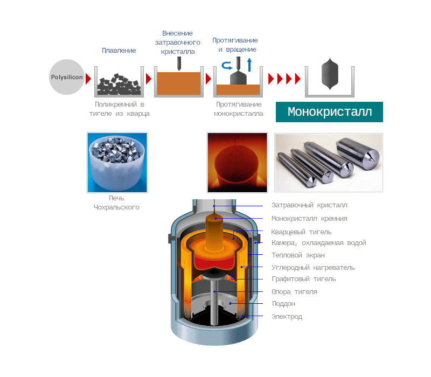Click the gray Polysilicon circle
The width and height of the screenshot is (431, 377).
pyautogui.click(x=67, y=77)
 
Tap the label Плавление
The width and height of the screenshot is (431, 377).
pyautogui.click(x=119, y=51)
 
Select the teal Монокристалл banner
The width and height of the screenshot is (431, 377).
pyautogui.click(x=329, y=112)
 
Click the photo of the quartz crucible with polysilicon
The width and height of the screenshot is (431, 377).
pyautogui.click(x=117, y=163)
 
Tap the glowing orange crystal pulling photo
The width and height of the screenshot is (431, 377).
pyautogui.click(x=237, y=163)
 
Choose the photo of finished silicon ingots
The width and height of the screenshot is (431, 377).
pyautogui.click(x=329, y=163)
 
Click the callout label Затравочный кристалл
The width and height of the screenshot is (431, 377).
pyautogui.click(x=309, y=205)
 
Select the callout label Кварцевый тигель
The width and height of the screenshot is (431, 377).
pyautogui.click(x=301, y=232)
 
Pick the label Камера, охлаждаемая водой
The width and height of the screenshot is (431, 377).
pyautogui.click(x=318, y=243)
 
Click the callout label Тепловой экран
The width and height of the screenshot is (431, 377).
pyautogui.click(x=298, y=255)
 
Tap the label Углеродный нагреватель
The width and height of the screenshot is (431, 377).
pyautogui.click(x=313, y=268)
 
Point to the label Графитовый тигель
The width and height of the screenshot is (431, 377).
pyautogui.click(x=303, y=279)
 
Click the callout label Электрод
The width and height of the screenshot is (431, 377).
pyautogui.click(x=287, y=317)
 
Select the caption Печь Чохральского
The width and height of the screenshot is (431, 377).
pyautogui.click(x=116, y=203)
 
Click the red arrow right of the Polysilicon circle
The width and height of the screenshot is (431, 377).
pyautogui.click(x=88, y=79)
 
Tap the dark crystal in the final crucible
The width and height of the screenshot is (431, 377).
pyautogui.click(x=329, y=75)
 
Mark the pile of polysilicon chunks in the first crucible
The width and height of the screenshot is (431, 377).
pyautogui.click(x=119, y=83)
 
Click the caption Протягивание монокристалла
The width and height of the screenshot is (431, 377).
pyautogui.click(x=238, y=109)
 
